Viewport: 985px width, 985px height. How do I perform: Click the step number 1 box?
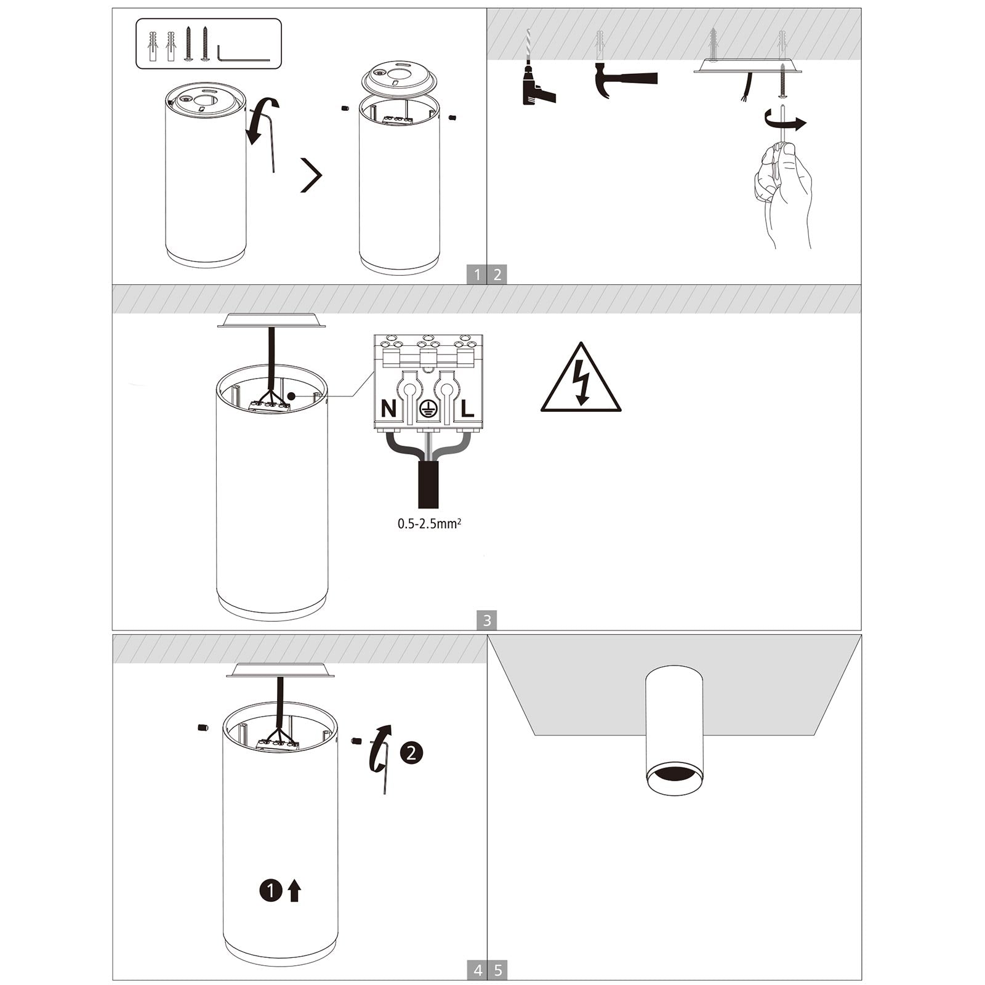[476, 275]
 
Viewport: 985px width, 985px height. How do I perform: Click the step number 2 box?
[497, 275]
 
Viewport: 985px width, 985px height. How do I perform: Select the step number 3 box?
[486, 620]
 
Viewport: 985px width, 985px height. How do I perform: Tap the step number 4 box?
[478, 970]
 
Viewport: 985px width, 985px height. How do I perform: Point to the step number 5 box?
[498, 970]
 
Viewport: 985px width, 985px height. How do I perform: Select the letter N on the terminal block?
[389, 408]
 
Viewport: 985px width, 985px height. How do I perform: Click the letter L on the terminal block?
[467, 408]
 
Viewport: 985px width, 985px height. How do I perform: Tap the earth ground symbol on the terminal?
[428, 409]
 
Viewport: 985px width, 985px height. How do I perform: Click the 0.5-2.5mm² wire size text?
[429, 524]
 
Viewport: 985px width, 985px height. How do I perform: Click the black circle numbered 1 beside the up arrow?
[270, 890]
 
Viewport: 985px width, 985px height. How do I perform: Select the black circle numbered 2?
[412, 752]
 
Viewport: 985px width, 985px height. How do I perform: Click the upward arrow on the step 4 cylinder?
[294, 890]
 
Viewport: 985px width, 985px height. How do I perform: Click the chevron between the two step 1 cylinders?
[312, 175]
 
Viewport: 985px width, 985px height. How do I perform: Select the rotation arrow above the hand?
[785, 121]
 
